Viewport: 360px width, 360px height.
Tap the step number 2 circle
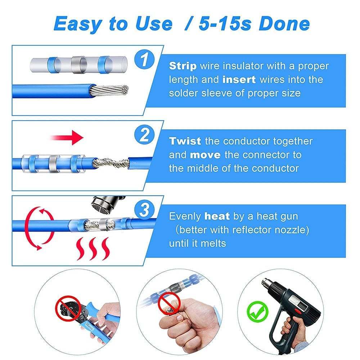(x=144, y=135)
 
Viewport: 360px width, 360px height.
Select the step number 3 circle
(x=144, y=210)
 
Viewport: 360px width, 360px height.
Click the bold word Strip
(x=183, y=66)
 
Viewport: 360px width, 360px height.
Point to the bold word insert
(x=239, y=80)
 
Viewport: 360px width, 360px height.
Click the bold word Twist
(x=185, y=141)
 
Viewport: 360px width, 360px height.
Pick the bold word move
(x=206, y=155)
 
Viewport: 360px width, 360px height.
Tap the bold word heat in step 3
(x=217, y=216)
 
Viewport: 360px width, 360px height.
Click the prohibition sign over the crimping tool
(x=67, y=308)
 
